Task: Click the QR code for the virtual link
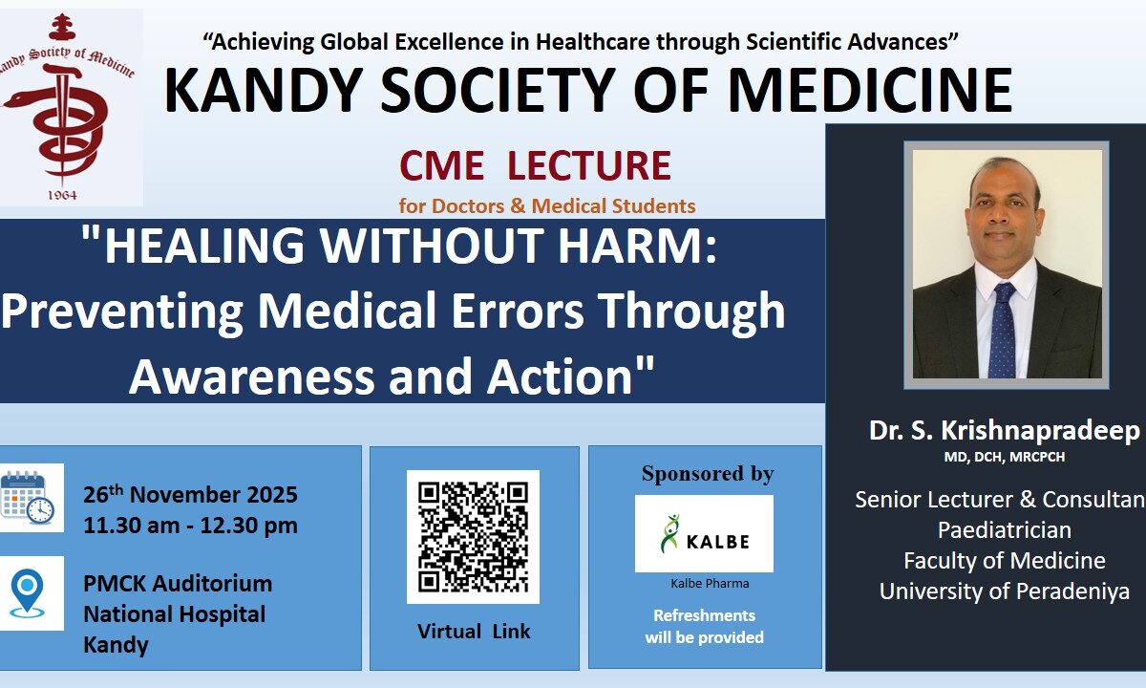click(473, 536)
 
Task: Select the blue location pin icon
click(27, 592)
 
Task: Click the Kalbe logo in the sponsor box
click(704, 533)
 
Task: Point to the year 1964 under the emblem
click(62, 195)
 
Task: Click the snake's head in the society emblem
click(15, 98)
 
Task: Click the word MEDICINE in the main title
click(870, 90)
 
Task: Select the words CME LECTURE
click(535, 165)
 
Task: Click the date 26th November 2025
click(190, 495)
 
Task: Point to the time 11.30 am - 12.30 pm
click(190, 526)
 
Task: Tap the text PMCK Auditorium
click(178, 584)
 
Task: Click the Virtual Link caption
click(474, 632)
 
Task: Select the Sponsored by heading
click(708, 474)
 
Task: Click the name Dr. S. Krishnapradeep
click(1005, 431)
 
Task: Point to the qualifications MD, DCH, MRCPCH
click(1005, 457)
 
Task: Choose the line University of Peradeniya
click(1005, 591)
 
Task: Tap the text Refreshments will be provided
click(705, 626)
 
